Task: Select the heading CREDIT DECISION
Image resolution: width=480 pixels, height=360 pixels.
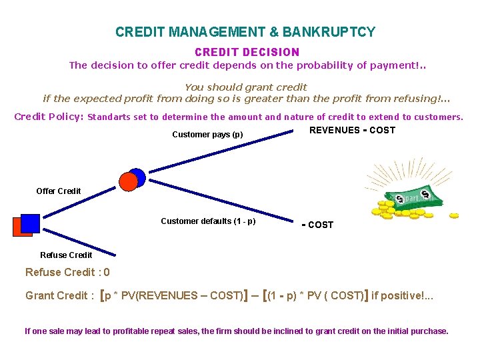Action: pos(247,52)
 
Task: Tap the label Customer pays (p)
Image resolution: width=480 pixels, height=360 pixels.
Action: pos(207,135)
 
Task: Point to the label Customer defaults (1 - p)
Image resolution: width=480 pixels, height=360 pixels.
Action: pos(208,221)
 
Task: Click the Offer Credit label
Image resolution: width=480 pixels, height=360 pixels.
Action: pos(59,191)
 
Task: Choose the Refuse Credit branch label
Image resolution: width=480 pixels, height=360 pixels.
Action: pos(66,255)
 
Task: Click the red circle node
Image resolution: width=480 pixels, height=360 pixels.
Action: pos(128,181)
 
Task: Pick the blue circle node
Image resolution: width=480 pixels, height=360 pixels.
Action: pos(137,177)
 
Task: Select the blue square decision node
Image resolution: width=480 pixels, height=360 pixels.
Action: pos(31,223)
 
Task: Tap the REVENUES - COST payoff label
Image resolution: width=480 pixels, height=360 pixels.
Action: pos(352,131)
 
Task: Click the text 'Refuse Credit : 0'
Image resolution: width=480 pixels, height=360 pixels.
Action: pos(67,273)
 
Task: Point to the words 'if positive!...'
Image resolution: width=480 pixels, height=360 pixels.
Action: pos(401,295)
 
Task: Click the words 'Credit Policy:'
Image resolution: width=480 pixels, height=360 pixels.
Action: pos(49,117)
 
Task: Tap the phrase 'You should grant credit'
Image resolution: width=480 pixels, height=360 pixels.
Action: pos(245,87)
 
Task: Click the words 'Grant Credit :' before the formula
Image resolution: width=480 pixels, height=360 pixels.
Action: pos(59,295)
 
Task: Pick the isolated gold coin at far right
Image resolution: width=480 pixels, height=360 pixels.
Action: pos(454,215)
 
